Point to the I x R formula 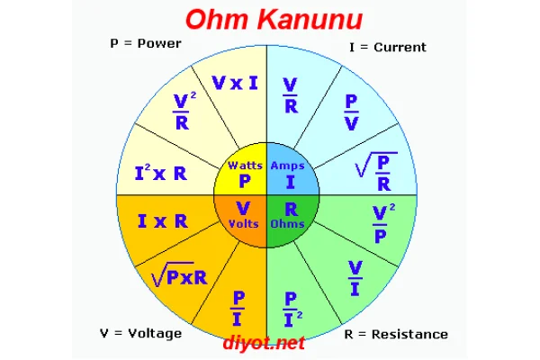163,220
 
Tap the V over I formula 354,277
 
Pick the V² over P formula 382,222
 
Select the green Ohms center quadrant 290,216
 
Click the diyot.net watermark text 265,343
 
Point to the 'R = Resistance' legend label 396,334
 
